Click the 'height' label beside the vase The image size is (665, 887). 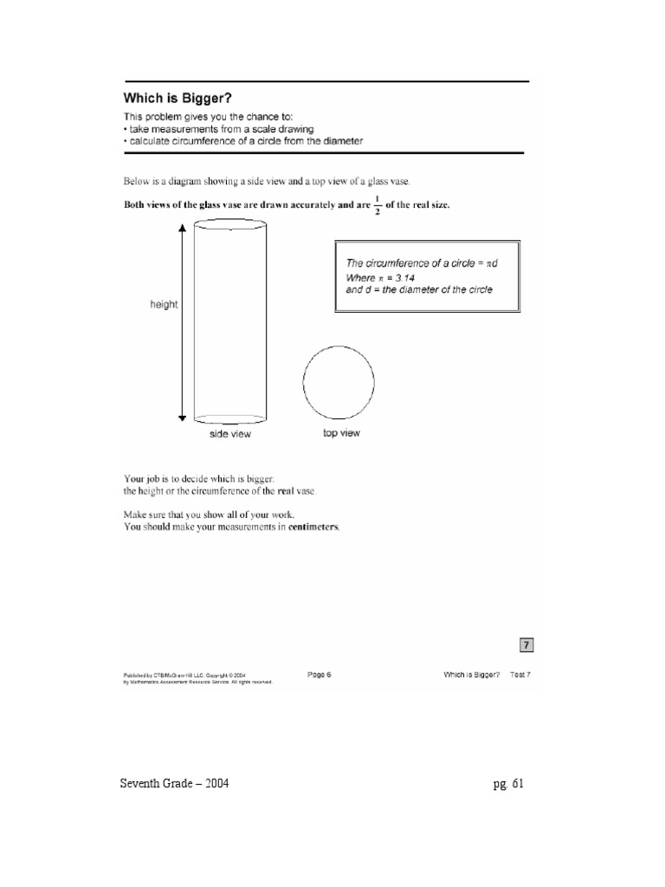pyautogui.click(x=163, y=305)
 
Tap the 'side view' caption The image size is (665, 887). pyautogui.click(x=229, y=434)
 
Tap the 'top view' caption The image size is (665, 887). pyautogui.click(x=341, y=433)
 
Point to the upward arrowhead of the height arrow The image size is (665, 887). pyautogui.click(x=182, y=227)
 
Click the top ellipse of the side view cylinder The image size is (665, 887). pyautogui.click(x=230, y=225)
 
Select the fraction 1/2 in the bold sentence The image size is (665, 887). pyautogui.click(x=376, y=206)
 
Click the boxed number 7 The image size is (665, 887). pyautogui.click(x=526, y=644)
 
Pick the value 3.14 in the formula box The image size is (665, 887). pyautogui.click(x=397, y=277)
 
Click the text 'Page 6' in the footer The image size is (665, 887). pyautogui.click(x=319, y=675)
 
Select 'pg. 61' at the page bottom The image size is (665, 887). pyautogui.click(x=507, y=785)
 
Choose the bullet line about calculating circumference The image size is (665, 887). pyautogui.click(x=243, y=141)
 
